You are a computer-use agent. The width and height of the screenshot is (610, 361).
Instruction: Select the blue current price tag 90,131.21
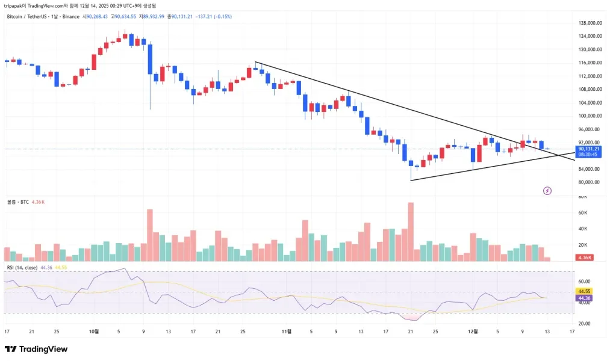587,149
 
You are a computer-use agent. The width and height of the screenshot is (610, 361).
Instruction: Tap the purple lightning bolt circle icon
547,191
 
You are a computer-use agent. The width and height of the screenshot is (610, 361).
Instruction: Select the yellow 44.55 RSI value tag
584,291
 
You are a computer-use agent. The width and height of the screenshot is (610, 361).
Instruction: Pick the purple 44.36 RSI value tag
584,298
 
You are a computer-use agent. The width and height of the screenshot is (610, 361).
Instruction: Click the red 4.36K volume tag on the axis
583,258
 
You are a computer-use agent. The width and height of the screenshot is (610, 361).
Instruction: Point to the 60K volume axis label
582,213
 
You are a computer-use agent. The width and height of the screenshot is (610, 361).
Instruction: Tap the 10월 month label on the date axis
93,331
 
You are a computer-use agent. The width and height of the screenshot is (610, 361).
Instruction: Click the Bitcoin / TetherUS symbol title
26,16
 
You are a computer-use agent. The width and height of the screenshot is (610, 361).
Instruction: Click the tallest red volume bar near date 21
411,232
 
